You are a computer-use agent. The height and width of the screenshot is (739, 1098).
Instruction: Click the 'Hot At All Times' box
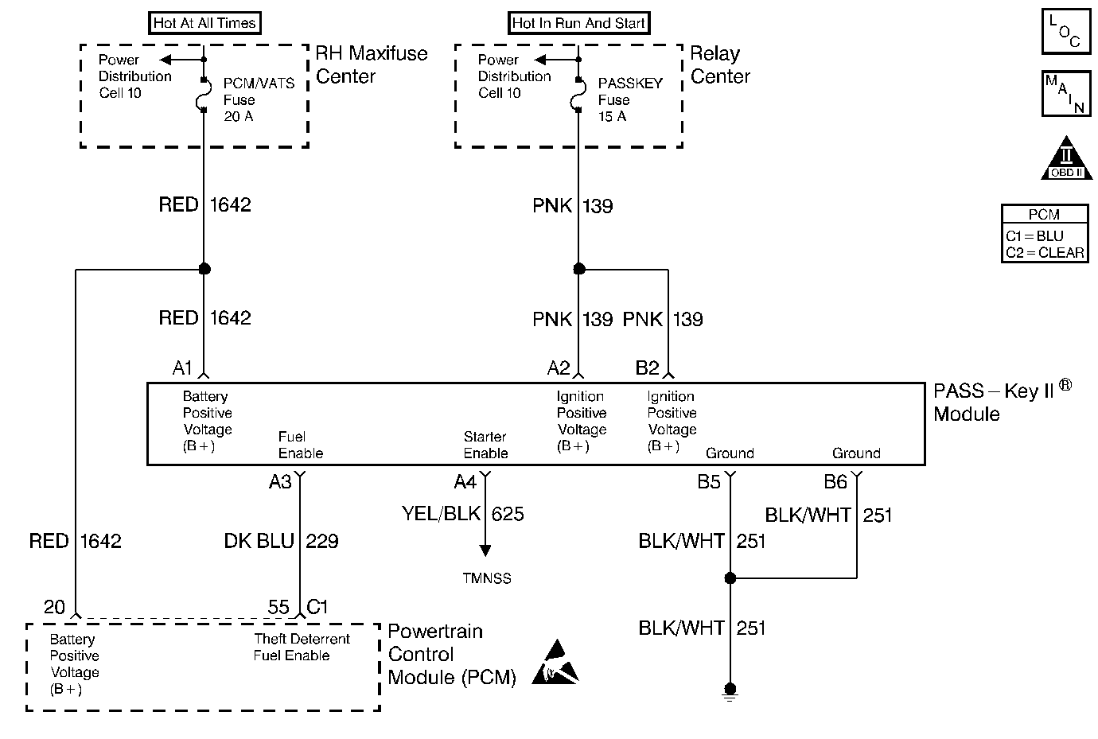[204, 23]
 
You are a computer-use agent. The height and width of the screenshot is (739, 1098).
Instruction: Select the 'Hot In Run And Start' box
[578, 23]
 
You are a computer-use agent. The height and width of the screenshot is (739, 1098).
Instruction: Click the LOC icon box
[1065, 33]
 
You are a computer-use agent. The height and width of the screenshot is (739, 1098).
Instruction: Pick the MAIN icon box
[1065, 93]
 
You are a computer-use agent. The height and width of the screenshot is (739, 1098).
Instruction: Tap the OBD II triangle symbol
[1066, 160]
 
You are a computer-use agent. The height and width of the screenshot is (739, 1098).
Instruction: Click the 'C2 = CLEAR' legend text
[1045, 253]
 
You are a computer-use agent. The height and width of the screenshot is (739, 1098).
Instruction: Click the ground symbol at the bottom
[730, 690]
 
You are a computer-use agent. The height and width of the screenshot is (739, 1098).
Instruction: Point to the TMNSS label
[486, 578]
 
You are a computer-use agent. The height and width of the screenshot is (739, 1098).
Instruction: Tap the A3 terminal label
[280, 482]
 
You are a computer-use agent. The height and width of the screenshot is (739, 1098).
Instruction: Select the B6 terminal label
[835, 482]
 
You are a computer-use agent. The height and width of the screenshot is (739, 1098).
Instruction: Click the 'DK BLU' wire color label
[259, 541]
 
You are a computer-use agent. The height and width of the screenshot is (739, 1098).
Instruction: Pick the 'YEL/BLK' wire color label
[441, 514]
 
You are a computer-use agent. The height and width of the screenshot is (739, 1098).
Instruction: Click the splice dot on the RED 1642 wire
[204, 269]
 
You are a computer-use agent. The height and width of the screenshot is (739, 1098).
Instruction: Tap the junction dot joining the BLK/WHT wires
[730, 578]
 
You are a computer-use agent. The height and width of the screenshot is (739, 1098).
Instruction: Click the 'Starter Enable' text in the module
[485, 445]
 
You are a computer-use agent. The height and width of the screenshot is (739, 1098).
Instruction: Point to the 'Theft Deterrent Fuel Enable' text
[302, 647]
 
